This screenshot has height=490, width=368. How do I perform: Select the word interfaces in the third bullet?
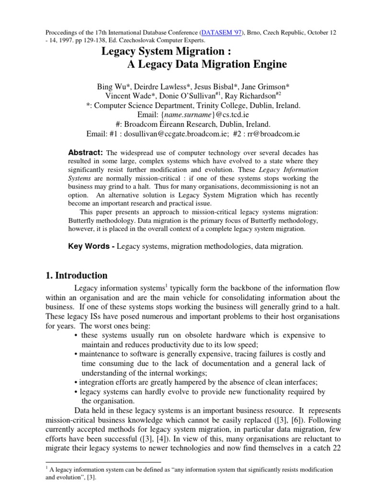coord(296,382)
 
